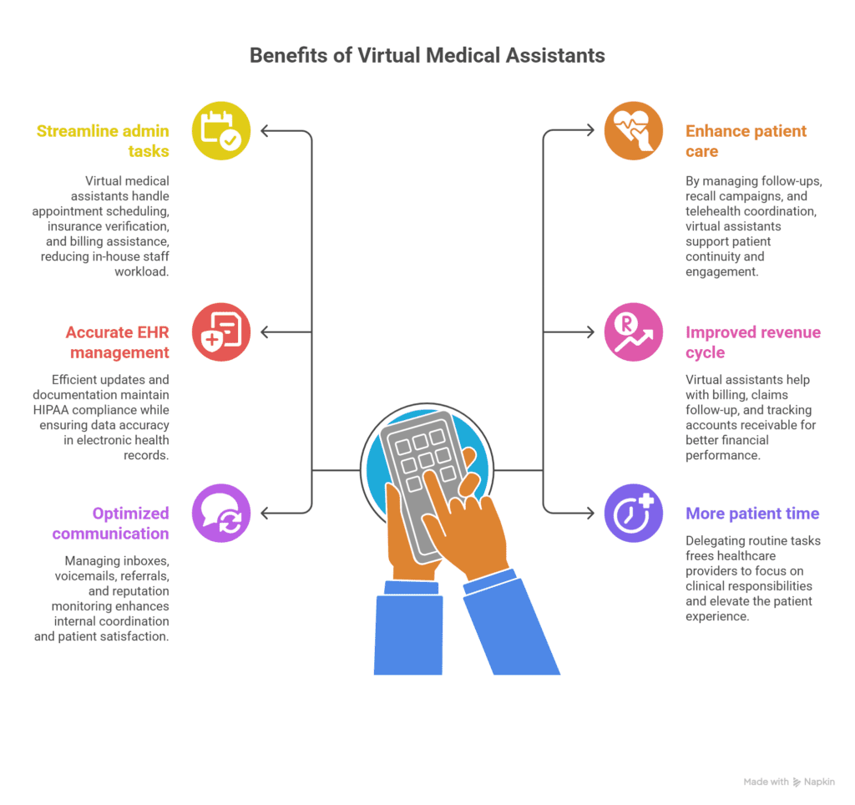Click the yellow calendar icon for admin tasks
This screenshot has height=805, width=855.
(220, 131)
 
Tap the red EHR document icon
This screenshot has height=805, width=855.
(220, 332)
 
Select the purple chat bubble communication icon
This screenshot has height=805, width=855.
(220, 514)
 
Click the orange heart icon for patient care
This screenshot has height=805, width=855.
(633, 131)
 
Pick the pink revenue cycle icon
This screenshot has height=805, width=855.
(633, 332)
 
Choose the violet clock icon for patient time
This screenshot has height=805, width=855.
(633, 514)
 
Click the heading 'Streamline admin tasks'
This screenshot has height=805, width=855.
(103, 141)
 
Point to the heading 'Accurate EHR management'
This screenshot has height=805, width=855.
(118, 342)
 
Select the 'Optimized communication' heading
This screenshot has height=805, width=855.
(110, 524)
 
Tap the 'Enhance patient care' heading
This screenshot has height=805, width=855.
(746, 141)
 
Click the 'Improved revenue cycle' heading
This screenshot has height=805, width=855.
(752, 342)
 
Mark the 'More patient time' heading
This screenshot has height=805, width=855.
(752, 514)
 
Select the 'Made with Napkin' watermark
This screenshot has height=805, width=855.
(789, 782)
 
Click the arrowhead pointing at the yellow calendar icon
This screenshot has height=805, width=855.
(266, 131)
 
